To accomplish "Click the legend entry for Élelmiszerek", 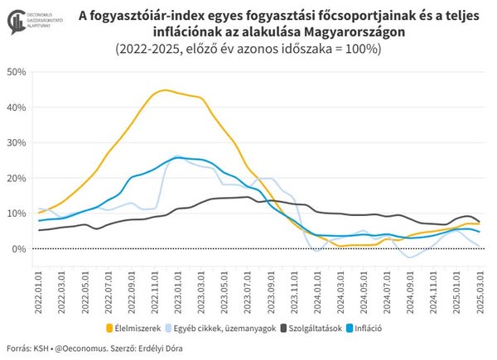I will click(x=142, y=327).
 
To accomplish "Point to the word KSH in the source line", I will click(x=43, y=348).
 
